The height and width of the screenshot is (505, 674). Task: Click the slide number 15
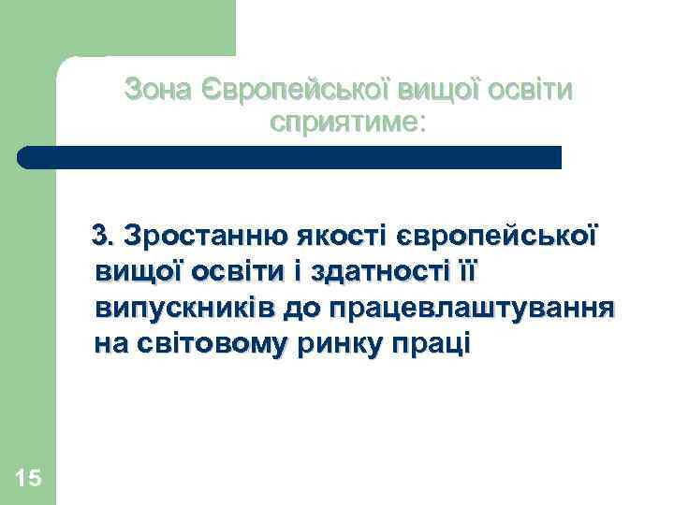29,479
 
